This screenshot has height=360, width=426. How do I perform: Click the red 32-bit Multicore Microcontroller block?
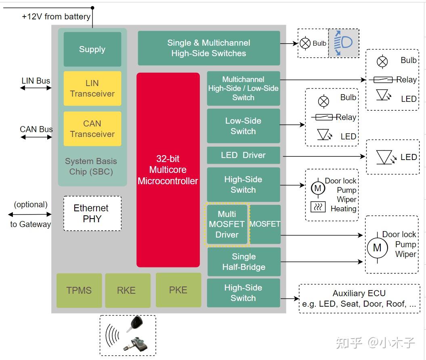[168, 170]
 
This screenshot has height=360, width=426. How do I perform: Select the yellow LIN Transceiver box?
[92, 88]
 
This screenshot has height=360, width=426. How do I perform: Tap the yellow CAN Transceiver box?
[92, 128]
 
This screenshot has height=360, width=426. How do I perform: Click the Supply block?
[92, 49]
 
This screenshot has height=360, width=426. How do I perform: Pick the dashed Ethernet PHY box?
[92, 213]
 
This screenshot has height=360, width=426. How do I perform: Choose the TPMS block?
[79, 291]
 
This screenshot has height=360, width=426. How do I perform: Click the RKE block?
[128, 291]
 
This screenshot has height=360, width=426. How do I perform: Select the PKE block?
[178, 290]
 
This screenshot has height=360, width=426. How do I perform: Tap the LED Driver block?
[243, 155]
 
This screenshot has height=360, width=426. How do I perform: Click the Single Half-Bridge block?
[244, 262]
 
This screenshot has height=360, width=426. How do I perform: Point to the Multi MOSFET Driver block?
[227, 224]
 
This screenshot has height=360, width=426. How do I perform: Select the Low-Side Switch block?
[243, 126]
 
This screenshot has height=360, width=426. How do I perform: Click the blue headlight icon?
[343, 43]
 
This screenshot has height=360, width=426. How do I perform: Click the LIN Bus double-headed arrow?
[36, 88]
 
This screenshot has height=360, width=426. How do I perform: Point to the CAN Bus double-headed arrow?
[36, 137]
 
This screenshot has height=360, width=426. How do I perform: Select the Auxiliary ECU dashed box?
[359, 299]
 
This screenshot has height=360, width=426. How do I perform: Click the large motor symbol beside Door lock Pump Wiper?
[377, 248]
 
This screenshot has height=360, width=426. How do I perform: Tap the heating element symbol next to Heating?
[318, 207]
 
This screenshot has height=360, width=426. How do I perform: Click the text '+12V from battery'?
[56, 17]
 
